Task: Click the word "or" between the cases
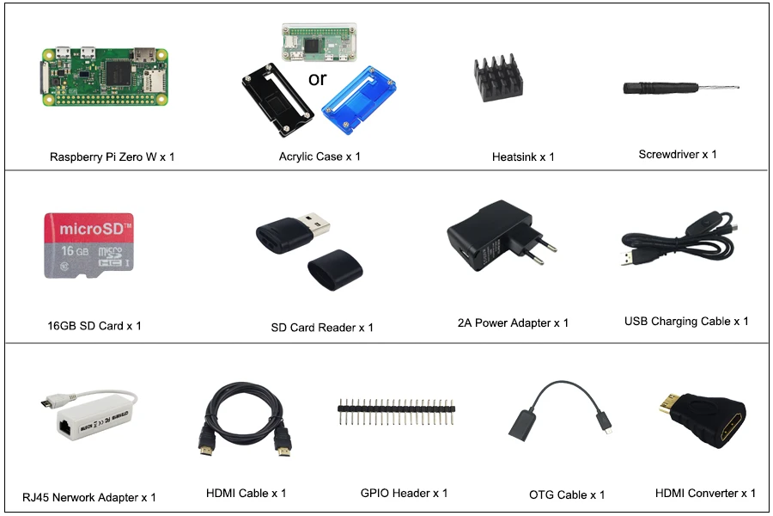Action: click(x=317, y=79)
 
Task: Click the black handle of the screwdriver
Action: click(x=654, y=88)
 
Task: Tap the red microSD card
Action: click(x=88, y=245)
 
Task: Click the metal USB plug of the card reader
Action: click(x=316, y=229)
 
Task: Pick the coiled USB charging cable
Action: click(x=679, y=245)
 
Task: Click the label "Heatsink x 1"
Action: click(x=523, y=157)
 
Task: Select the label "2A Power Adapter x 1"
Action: click(x=513, y=322)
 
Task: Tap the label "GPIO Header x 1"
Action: click(x=404, y=493)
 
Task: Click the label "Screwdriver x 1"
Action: click(x=677, y=155)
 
